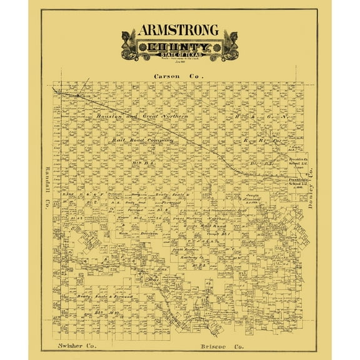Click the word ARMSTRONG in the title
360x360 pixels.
pos(179,31)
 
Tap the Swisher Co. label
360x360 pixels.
pos(74,344)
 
